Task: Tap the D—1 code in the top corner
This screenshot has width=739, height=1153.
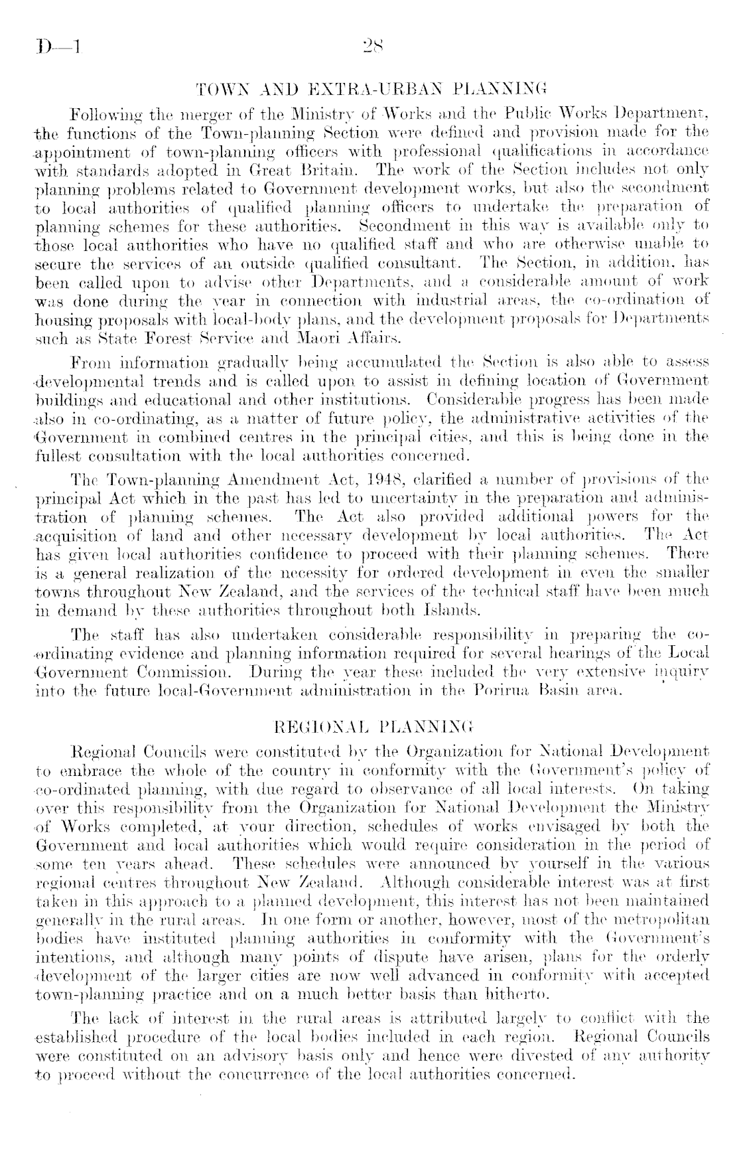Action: coord(58,48)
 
